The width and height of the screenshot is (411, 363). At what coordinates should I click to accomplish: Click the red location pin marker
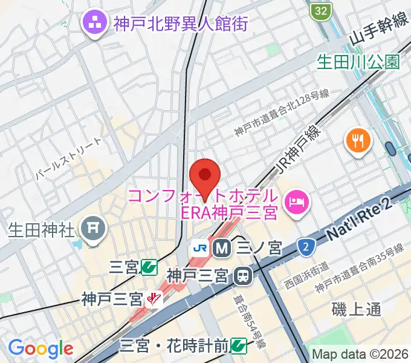204,175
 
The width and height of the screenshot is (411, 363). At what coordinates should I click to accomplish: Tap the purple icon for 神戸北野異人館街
95,25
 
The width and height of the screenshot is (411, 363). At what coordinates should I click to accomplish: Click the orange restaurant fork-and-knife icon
358,142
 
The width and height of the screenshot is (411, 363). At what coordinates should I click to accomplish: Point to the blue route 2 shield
306,246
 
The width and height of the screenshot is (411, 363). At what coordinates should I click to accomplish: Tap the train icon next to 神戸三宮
242,276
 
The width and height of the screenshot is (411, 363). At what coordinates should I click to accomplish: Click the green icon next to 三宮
149,267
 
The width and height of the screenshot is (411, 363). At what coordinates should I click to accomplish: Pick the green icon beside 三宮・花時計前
239,345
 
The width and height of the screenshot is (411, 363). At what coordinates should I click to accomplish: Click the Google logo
40,348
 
